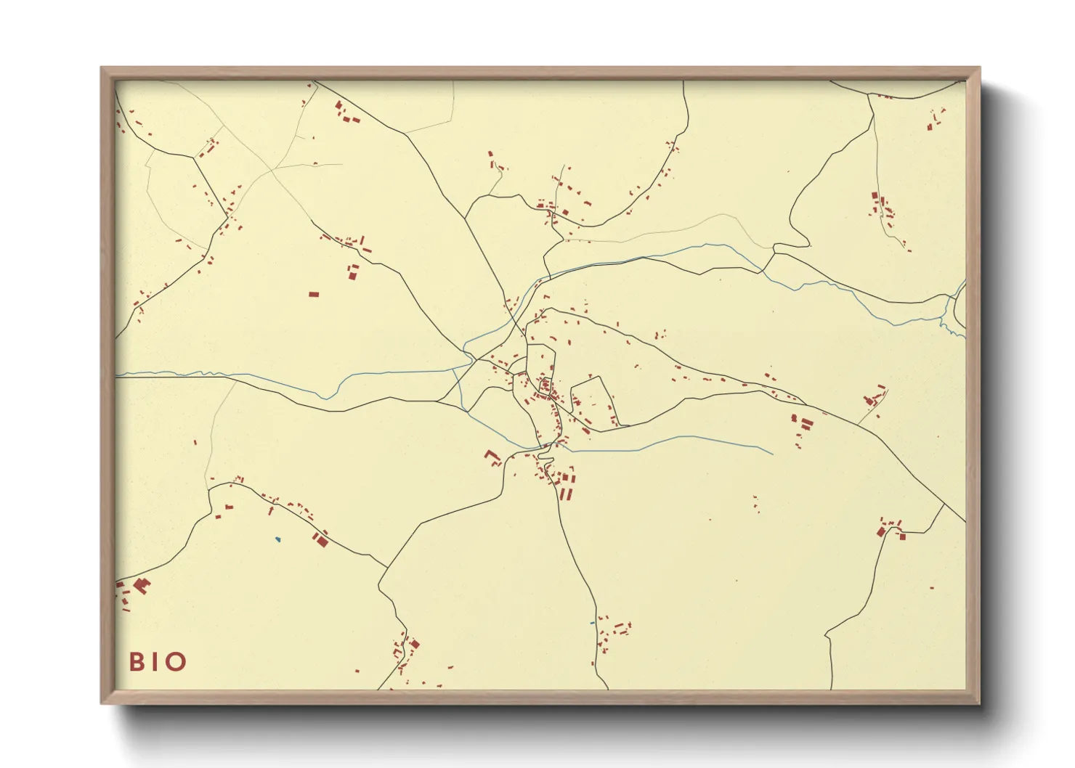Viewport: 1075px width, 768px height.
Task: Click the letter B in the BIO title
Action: [x=136, y=662]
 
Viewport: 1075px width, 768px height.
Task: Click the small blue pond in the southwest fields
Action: [x=277, y=539]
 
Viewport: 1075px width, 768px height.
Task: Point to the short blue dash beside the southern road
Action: [x=592, y=623]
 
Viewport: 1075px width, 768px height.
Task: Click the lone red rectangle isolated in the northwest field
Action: [x=314, y=294]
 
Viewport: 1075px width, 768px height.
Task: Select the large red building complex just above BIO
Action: [x=140, y=585]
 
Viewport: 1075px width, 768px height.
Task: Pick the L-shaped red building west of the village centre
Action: [x=493, y=457]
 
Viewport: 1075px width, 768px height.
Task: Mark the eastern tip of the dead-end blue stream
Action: [x=772, y=454]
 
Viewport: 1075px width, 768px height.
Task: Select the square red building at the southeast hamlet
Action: [x=903, y=536]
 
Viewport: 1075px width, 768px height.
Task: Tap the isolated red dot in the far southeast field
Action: [x=932, y=587]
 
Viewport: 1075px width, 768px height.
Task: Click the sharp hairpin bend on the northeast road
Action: [x=808, y=242]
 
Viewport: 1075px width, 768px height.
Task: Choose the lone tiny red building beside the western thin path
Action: [x=195, y=441]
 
